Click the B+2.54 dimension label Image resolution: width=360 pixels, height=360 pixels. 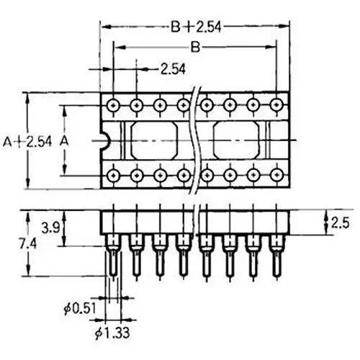coord(195,27)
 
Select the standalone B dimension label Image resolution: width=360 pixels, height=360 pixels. coord(194,48)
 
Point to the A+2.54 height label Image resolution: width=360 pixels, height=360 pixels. coord(27,141)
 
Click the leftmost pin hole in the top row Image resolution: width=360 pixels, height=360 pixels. coord(113,105)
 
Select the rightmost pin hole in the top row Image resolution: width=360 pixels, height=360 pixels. coord(276,105)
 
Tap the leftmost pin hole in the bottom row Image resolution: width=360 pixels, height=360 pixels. coord(113,174)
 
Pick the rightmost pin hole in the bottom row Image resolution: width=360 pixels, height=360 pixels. coord(276,174)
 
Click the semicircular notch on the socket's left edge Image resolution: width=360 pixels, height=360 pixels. coord(104,140)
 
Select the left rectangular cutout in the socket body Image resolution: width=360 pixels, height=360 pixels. coord(153,139)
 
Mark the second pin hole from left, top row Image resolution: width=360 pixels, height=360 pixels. coord(136,105)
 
